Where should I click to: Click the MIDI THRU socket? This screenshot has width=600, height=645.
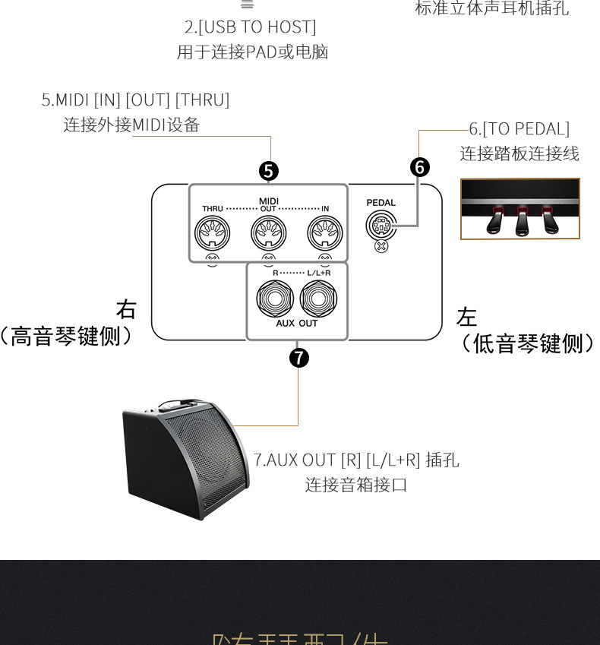point(212,233)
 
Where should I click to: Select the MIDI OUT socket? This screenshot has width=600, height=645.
point(268,233)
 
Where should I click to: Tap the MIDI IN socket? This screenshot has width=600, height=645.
point(324,233)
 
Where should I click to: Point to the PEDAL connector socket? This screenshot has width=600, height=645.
point(381,225)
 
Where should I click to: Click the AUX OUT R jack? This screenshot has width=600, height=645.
point(271,299)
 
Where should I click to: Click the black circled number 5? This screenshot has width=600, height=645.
point(269,172)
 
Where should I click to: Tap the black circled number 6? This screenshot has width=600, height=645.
point(420,167)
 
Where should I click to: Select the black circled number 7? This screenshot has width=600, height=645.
point(299,357)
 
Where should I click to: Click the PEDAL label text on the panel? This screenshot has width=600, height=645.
point(381,203)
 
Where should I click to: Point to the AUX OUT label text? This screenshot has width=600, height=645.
point(297,324)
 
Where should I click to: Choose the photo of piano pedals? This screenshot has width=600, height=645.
point(520,209)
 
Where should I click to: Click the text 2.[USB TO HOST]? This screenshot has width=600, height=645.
point(251,27)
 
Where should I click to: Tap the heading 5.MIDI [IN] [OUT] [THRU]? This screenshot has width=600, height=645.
point(135,100)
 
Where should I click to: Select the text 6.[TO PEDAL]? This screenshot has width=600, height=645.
point(519,129)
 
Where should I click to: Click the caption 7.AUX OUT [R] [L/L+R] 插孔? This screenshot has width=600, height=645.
point(356,460)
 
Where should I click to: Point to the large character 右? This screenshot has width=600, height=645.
point(126,309)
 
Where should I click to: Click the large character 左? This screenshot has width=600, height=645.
point(467,317)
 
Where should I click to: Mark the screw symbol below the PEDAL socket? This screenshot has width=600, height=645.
point(381,246)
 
